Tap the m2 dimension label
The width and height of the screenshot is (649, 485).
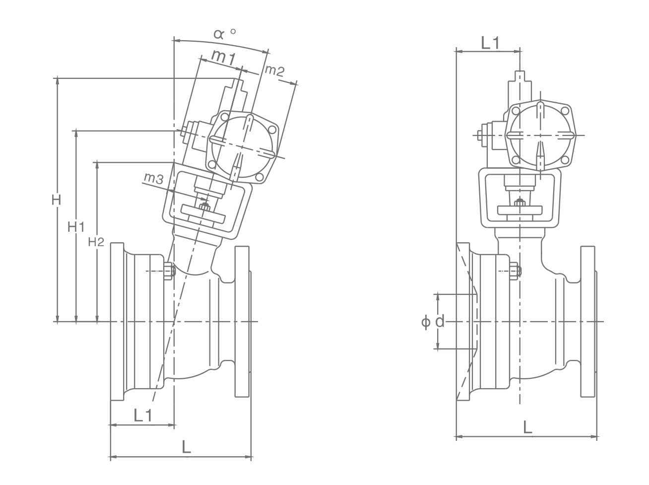pyautogui.click(x=274, y=70)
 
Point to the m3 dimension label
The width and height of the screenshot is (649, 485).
pyautogui.click(x=153, y=178)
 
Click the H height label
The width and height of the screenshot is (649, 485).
pyautogui.click(x=57, y=200)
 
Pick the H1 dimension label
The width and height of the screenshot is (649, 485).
pyautogui.click(x=76, y=227)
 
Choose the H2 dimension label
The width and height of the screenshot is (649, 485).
pyautogui.click(x=96, y=242)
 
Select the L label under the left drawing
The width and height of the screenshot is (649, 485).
pyautogui.click(x=186, y=447)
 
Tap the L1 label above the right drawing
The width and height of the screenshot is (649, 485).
pyautogui.click(x=490, y=43)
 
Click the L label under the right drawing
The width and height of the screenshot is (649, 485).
pyautogui.click(x=527, y=427)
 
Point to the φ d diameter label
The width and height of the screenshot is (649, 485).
pyautogui.click(x=433, y=322)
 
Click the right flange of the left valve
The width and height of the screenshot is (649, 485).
pyautogui.click(x=242, y=321)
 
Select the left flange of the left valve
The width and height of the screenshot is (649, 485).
pyautogui.click(x=117, y=321)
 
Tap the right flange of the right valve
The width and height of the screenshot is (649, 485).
pyautogui.click(x=588, y=321)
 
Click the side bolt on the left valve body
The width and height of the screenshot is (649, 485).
pyautogui.click(x=169, y=271)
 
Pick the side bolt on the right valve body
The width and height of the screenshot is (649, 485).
pyautogui.click(x=515, y=271)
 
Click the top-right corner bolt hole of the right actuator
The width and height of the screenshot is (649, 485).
pyautogui.click(x=564, y=110)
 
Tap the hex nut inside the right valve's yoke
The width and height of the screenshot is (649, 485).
pyautogui.click(x=519, y=202)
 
